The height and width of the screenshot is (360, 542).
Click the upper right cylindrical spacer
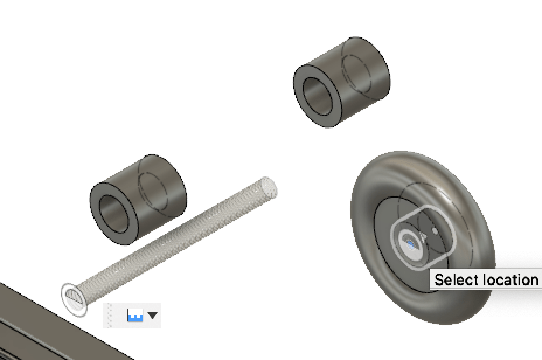pyautogui.click(x=342, y=82)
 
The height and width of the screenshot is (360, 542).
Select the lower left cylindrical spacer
pyautogui.click(x=138, y=199)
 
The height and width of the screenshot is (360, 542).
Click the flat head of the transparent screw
pyautogui.click(x=74, y=299)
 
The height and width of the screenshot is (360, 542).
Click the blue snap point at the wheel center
pyautogui.click(x=411, y=245)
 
